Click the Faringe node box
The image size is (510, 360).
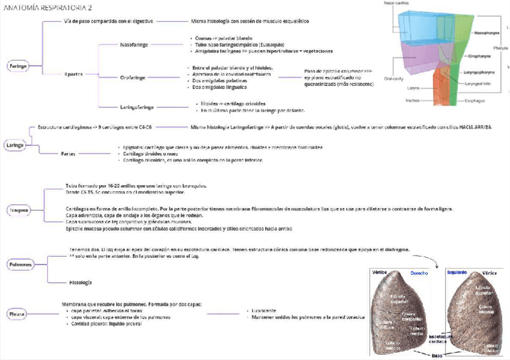tap(18, 66)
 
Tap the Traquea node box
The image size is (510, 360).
tap(18, 211)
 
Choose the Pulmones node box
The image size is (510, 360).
tap(19, 264)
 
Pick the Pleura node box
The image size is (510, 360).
tap(16, 314)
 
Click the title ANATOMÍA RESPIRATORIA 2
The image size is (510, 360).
tap(48, 8)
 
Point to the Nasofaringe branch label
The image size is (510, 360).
tap(134, 44)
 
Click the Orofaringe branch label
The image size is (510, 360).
tap(134, 77)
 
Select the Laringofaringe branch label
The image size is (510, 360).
tap(137, 107)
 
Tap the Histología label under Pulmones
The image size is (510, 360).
tap(80, 282)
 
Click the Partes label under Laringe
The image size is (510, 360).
tap(68, 154)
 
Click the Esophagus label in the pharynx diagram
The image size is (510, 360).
tap(473, 101)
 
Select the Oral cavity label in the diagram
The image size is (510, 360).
tap(393, 78)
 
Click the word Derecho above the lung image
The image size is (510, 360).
tap(419, 273)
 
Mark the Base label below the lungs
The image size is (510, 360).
tap(438, 355)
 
